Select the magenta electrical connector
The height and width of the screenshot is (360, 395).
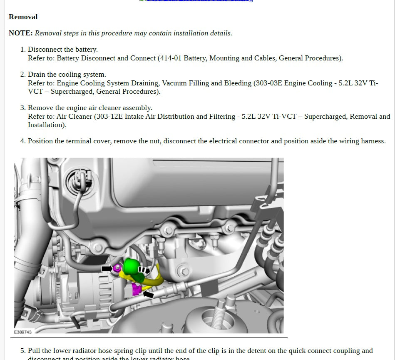point(136,289)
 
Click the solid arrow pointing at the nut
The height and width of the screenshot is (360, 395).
point(107,268)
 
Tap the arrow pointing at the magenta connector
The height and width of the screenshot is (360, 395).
point(148,294)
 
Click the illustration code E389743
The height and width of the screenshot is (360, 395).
point(22,332)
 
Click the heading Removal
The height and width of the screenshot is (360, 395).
point(23,17)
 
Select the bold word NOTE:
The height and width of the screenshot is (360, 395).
point(20,33)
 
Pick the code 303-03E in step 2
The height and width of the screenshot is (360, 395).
point(268,83)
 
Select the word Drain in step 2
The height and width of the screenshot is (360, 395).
point(37,74)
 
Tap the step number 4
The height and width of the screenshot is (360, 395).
point(23,141)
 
